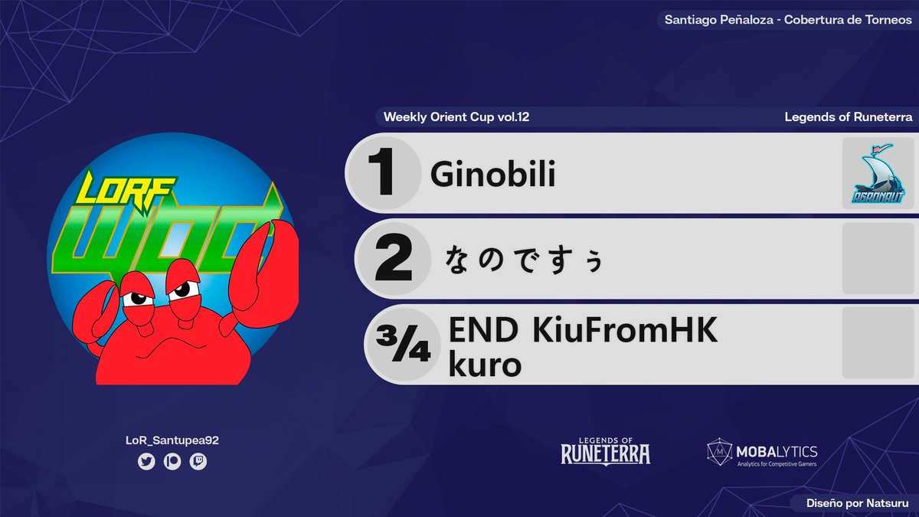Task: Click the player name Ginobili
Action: (492, 175)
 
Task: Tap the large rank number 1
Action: (381, 174)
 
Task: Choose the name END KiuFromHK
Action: (583, 331)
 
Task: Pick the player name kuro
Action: (485, 365)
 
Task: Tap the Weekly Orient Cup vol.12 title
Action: (456, 117)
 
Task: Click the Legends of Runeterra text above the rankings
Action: (848, 117)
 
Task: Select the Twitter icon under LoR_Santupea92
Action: (146, 462)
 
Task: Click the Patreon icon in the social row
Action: (172, 462)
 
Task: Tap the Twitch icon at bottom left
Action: (198, 462)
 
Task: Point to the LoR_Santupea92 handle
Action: (172, 440)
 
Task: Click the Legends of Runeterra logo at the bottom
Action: (605, 451)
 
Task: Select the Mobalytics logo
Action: (762, 452)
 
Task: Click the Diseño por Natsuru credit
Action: (858, 503)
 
